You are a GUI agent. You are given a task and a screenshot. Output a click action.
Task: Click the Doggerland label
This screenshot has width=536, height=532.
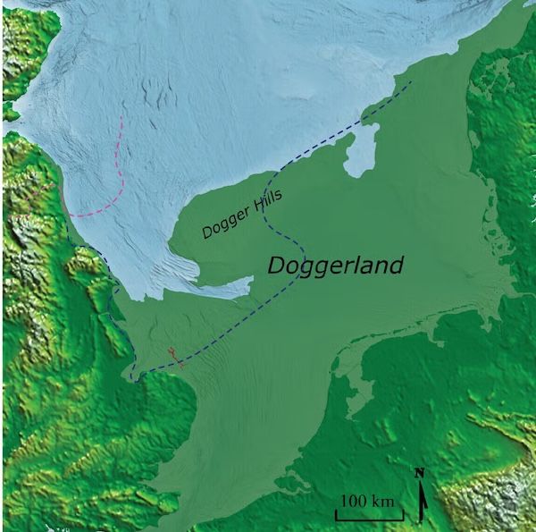pyautogui.click(x=336, y=266)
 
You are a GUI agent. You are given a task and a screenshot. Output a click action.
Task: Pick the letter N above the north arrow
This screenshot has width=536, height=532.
pyautogui.click(x=419, y=471)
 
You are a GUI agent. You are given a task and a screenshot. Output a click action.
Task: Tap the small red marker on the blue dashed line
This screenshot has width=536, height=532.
pyautogui.click(x=173, y=357)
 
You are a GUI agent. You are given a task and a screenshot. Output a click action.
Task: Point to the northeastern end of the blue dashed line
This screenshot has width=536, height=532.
pyautogui.click(x=411, y=82)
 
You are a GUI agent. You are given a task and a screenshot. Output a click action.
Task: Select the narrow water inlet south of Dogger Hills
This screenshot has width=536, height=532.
pyautogui.click(x=223, y=289)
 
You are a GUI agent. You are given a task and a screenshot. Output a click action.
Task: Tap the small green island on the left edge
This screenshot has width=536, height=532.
pyautogui.click(x=9, y=112)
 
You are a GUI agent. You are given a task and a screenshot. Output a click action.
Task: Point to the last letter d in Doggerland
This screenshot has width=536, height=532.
pyautogui.click(x=397, y=266)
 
